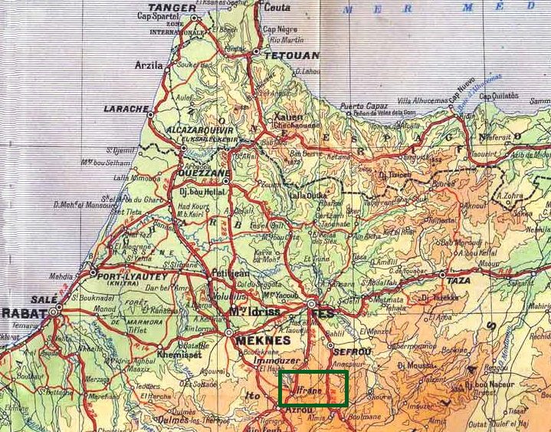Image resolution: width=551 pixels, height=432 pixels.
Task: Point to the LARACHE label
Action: [125, 109]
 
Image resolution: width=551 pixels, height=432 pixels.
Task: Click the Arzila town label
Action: [149, 65]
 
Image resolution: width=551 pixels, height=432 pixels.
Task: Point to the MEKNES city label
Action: [264, 341]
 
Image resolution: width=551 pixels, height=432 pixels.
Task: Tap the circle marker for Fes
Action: [313, 305]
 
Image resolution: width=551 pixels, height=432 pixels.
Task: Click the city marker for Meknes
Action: [229, 332]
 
